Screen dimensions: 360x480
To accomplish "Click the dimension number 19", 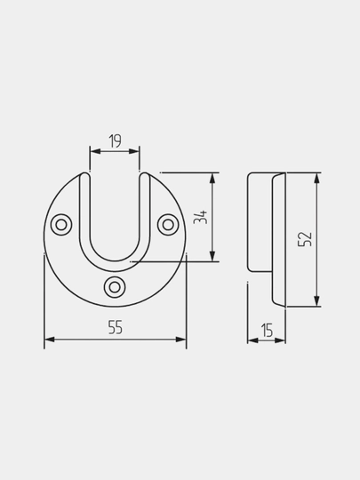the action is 115,140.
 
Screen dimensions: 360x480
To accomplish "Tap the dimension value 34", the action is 201,218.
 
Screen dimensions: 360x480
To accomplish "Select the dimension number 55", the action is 115,327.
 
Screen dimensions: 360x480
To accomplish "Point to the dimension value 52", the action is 305,239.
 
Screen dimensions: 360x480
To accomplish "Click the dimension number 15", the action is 267,331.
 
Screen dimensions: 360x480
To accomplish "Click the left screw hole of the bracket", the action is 61,225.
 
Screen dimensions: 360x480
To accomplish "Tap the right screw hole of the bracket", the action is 168,225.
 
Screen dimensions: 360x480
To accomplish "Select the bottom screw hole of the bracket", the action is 115,287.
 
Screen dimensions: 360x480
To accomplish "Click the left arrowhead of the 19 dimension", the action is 95,151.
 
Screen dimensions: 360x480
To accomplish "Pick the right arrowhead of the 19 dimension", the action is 134,151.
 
